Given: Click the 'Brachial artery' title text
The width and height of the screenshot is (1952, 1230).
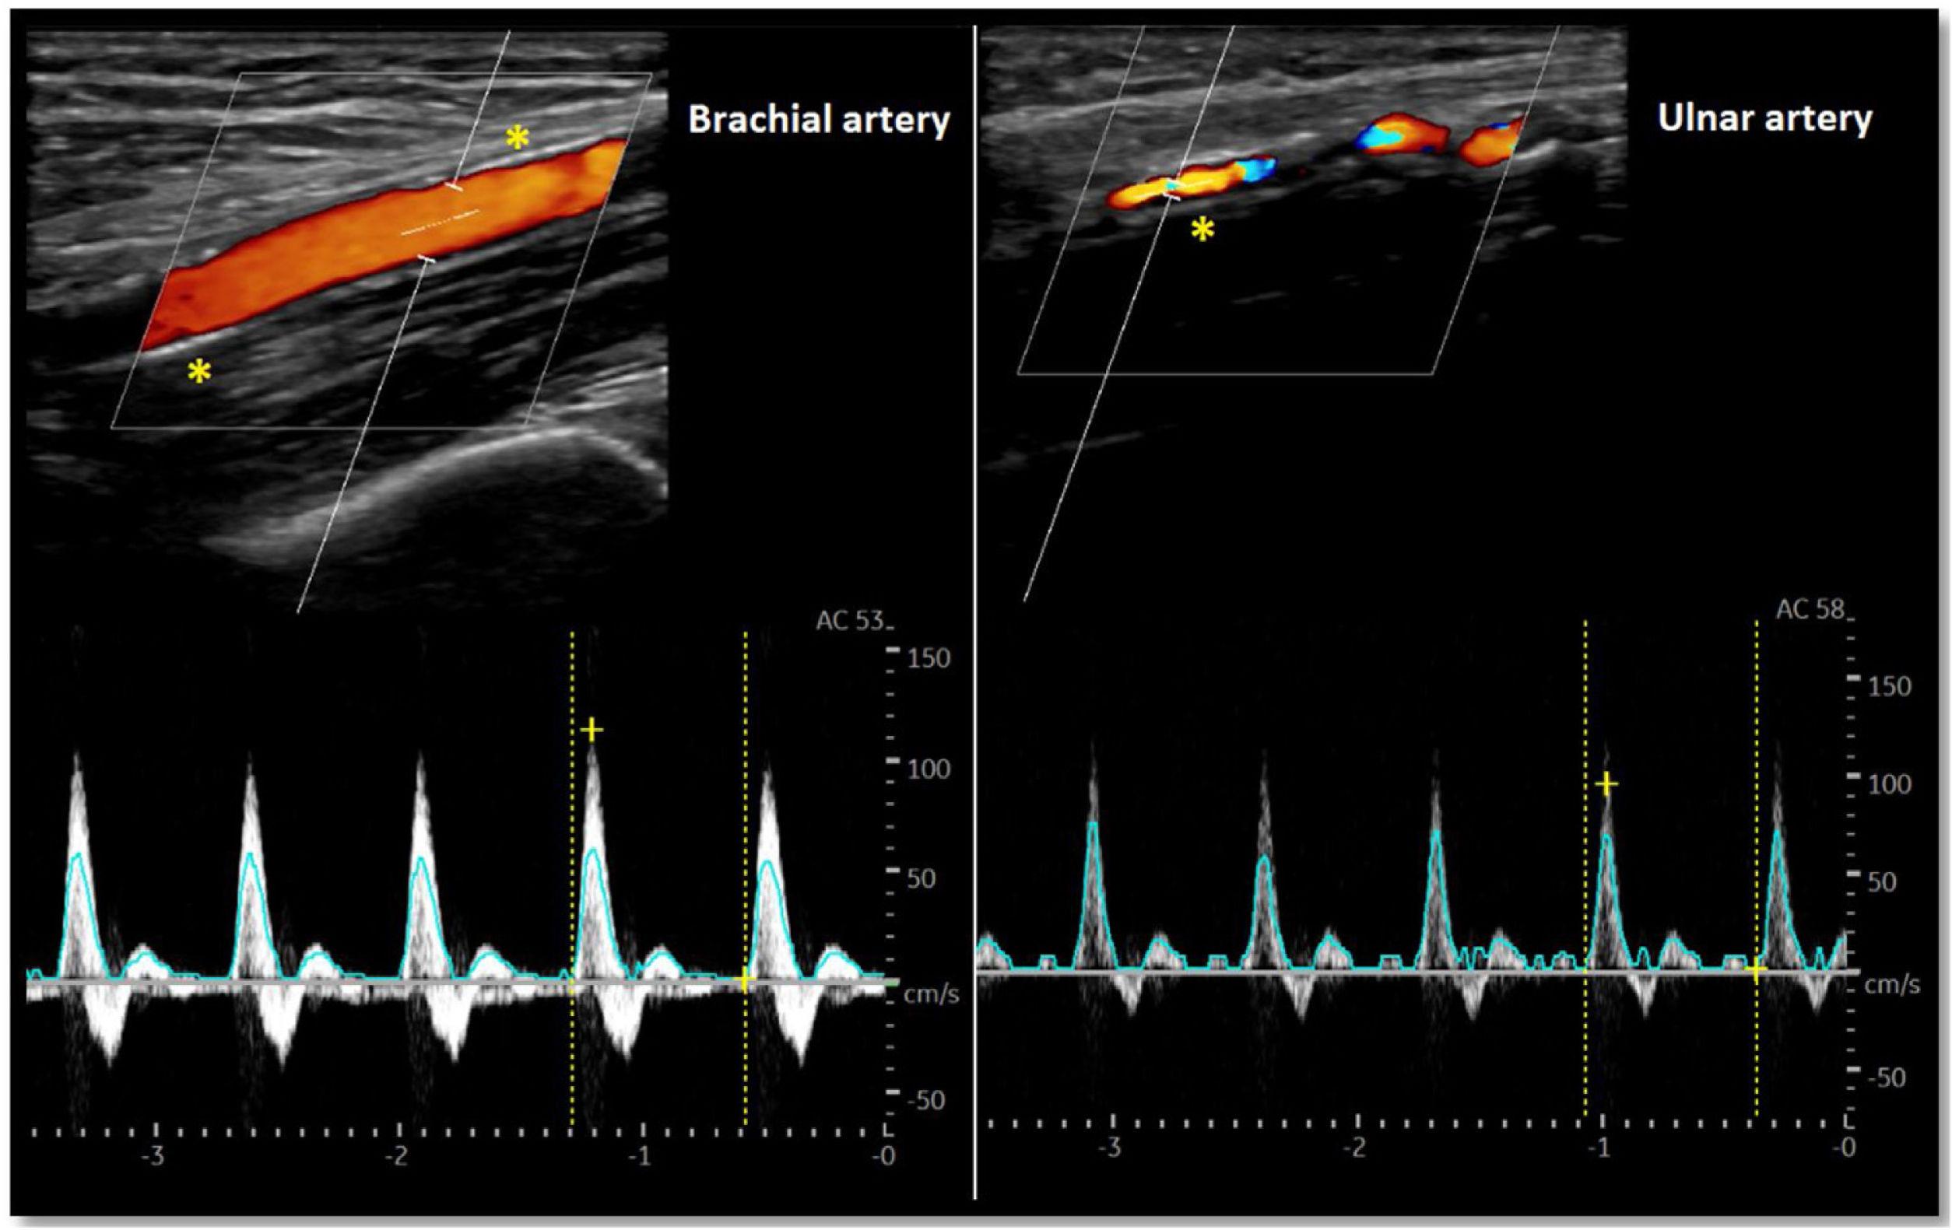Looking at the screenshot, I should pyautogui.click(x=819, y=121).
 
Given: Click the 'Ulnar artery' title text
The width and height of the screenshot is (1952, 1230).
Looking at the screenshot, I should pyautogui.click(x=1764, y=119).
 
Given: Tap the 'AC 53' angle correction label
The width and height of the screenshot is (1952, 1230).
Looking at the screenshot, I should pyautogui.click(x=851, y=622).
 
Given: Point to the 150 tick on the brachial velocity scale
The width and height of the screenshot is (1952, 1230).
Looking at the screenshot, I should pyautogui.click(x=929, y=659).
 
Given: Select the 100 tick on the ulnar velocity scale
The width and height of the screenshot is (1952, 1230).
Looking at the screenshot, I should pyautogui.click(x=1890, y=783).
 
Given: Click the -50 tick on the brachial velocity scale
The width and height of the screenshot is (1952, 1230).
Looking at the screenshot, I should pyautogui.click(x=925, y=1100).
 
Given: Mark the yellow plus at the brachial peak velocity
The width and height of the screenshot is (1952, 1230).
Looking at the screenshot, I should pyautogui.click(x=592, y=730).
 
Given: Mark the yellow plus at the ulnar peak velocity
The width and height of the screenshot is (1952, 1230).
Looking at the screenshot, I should pyautogui.click(x=1606, y=784).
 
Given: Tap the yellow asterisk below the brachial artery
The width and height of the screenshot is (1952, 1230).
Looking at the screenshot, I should pyautogui.click(x=198, y=373).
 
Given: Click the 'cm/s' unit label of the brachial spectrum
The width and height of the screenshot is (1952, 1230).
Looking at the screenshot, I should pyautogui.click(x=932, y=994).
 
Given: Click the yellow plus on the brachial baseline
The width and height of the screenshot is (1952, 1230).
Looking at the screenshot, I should pyautogui.click(x=744, y=981).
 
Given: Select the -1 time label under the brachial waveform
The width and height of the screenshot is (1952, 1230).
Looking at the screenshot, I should pyautogui.click(x=641, y=1155).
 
